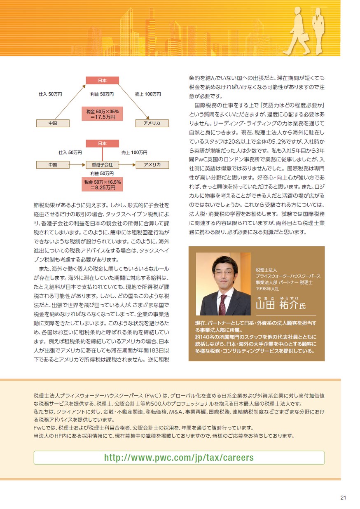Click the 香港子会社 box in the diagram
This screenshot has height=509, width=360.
(x=102, y=164)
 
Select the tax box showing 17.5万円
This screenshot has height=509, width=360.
(x=102, y=114)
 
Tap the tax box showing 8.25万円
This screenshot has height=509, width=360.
(x=102, y=184)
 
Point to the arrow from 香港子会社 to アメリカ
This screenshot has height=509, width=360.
(x=127, y=164)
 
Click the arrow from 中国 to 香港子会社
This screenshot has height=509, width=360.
(x=77, y=164)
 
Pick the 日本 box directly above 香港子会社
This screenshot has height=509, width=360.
(x=102, y=143)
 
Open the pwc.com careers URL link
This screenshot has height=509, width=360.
(x=179, y=458)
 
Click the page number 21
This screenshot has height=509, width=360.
(x=343, y=497)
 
